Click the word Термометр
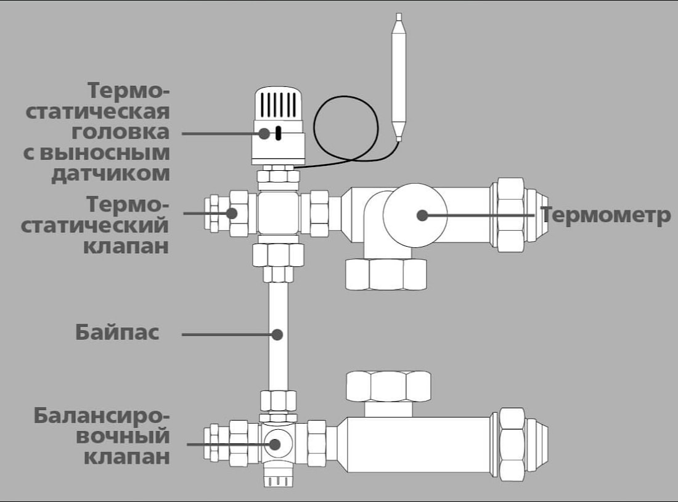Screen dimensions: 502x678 click(x=606, y=216)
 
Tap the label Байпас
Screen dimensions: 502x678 click(x=117, y=332)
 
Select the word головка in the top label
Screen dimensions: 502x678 click(x=120, y=133)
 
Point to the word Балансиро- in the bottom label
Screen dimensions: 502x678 click(x=101, y=416)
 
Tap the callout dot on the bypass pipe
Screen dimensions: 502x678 click(x=277, y=334)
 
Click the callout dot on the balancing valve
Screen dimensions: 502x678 click(x=274, y=444)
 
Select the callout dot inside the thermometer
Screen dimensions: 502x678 click(x=422, y=215)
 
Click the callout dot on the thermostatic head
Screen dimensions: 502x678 click(x=264, y=133)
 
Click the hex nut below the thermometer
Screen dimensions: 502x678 click(x=386, y=274)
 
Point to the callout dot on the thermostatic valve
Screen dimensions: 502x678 click(x=232, y=213)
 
